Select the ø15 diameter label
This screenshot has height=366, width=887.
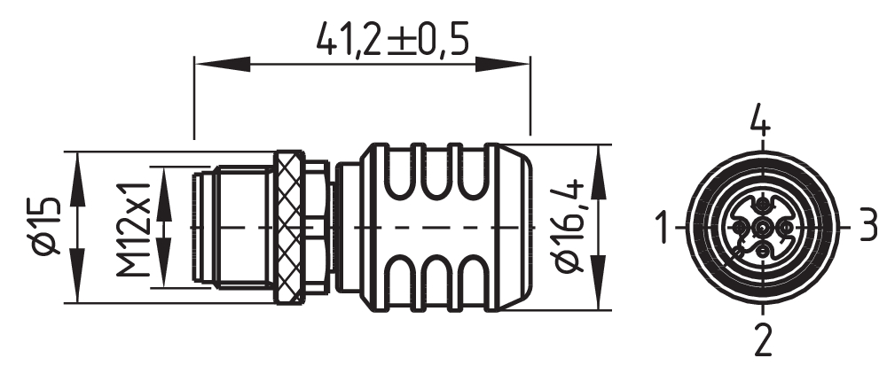click(44, 228)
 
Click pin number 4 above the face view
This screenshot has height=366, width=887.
click(761, 121)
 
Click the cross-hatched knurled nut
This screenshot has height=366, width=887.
click(287, 228)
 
